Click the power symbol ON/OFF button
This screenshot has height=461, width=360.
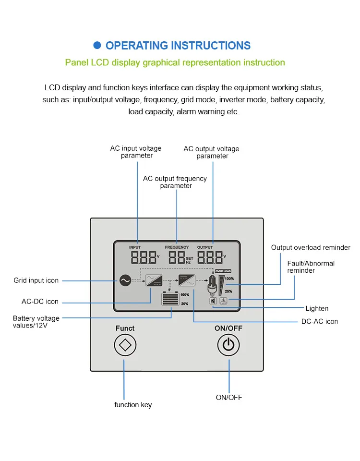point(228,345)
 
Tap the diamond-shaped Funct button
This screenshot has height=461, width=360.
point(125,345)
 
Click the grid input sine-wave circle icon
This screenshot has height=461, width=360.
point(125,280)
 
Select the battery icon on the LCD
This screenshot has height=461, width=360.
point(169,299)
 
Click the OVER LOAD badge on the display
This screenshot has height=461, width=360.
point(223,271)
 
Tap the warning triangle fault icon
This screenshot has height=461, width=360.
point(223,301)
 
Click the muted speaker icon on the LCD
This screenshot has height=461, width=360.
point(213,301)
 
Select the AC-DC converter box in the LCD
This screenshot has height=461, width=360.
point(155,279)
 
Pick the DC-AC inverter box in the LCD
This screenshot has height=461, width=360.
point(187,279)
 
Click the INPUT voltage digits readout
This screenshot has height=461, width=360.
point(143,257)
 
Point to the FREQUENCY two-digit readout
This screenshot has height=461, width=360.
point(176,257)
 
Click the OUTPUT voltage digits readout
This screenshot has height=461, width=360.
point(210,257)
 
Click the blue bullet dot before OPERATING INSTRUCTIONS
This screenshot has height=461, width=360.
point(97,45)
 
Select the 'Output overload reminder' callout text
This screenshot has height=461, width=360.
point(311,248)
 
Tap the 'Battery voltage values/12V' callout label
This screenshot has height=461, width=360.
point(36,322)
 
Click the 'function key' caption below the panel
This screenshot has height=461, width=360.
point(133,405)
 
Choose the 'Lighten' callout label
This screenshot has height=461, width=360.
point(317,308)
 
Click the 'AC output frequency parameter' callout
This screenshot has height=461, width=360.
point(175,182)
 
